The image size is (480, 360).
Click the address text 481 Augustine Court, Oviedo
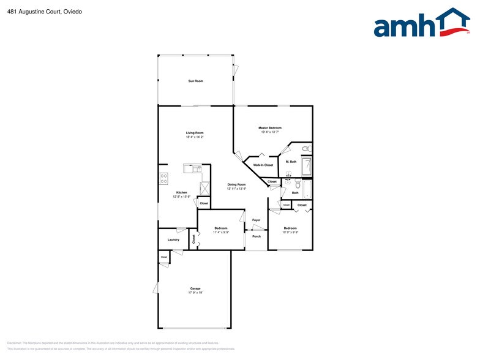(x=37, y=11)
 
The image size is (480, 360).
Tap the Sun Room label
(x=195, y=81)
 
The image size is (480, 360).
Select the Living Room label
(x=195, y=132)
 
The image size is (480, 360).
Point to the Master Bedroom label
(x=269, y=127)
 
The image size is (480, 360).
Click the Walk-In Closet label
(x=263, y=165)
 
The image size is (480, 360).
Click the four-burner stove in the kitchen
(x=163, y=178)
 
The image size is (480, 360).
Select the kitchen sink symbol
(x=191, y=168)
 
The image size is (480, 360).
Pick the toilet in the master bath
(x=307, y=148)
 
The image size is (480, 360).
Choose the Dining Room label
(x=236, y=184)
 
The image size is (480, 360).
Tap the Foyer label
(x=256, y=220)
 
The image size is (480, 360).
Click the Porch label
(x=256, y=236)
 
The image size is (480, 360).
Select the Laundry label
(x=173, y=239)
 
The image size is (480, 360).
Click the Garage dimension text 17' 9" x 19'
(x=195, y=293)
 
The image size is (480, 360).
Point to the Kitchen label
(x=181, y=192)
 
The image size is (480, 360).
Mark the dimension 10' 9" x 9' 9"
(x=290, y=232)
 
